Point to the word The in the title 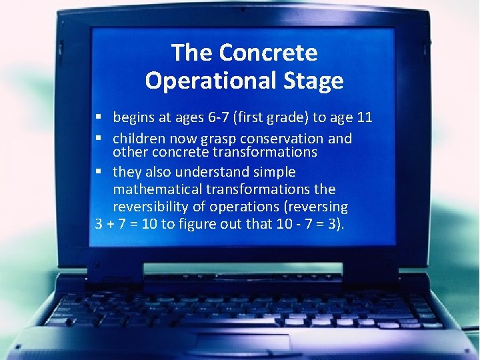click(192, 53)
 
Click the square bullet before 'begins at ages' click(99, 118)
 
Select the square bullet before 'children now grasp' click(99, 139)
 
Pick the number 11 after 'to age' click(364, 118)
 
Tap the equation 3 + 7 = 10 click(126, 224)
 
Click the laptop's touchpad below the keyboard click(243, 343)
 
